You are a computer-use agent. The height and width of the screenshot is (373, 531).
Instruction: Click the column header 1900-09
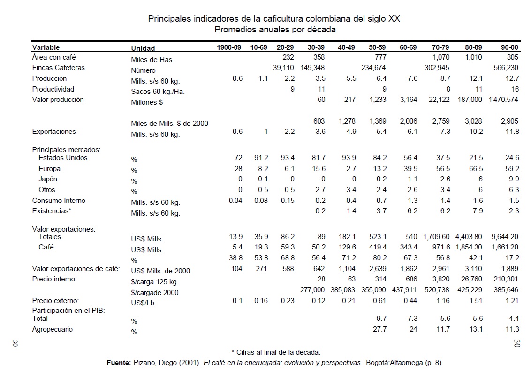point(229,47)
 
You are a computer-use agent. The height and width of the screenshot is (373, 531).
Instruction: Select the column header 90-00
point(509,47)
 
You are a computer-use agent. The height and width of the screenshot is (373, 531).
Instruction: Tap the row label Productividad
point(53,89)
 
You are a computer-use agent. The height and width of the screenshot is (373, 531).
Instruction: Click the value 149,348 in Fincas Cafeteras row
point(313,68)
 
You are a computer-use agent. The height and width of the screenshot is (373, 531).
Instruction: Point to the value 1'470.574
point(502,100)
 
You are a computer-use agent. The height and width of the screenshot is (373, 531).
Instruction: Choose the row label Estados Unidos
point(63,158)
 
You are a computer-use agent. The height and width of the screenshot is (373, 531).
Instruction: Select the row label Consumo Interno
point(59,201)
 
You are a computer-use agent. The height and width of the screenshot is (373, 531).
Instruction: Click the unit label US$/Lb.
point(144,303)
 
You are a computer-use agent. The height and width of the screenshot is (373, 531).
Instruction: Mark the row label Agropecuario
point(52,329)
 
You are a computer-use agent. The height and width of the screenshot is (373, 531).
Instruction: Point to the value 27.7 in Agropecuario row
point(379,329)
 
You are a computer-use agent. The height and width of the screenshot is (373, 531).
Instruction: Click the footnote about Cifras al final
point(276,352)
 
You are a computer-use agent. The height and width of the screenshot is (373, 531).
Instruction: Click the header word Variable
point(46,47)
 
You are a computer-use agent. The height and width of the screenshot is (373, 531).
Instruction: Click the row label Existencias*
point(52,211)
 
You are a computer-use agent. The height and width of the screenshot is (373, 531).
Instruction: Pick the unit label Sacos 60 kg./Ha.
point(158,92)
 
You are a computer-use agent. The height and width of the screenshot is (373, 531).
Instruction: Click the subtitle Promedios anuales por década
point(274,30)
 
